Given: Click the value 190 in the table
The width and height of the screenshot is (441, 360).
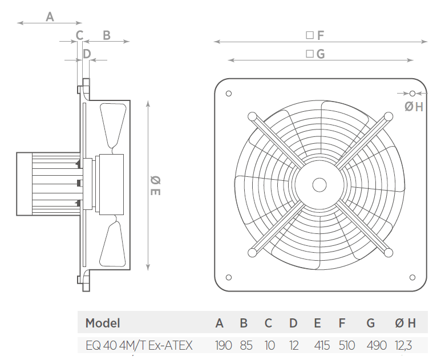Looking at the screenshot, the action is click(x=223, y=345).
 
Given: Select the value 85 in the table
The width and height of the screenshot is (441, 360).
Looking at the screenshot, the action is click(x=246, y=345).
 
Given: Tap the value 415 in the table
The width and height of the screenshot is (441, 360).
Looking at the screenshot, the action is click(x=322, y=345).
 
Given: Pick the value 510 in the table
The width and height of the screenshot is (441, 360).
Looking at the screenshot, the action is click(x=347, y=345).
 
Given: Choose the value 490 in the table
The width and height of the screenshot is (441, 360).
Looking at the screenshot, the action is click(x=377, y=345).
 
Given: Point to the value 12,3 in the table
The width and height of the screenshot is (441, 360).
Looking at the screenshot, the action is click(x=403, y=345).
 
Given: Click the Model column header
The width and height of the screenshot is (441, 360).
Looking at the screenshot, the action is click(x=103, y=323).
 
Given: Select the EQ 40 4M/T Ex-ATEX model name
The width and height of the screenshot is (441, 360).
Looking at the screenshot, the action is click(x=139, y=345).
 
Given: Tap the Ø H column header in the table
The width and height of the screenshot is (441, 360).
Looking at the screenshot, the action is click(x=405, y=323).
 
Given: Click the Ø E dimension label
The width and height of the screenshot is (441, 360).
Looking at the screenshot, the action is click(x=155, y=185).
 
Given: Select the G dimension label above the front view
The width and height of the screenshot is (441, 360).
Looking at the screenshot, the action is click(x=315, y=54).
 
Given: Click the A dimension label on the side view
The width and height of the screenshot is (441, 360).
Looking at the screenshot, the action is click(x=50, y=17).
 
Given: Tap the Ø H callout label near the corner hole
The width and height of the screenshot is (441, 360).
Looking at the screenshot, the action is click(x=414, y=107).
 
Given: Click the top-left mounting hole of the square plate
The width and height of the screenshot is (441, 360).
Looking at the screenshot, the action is click(x=229, y=94).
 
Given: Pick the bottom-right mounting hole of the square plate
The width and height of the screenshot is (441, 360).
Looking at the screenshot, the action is click(x=412, y=278).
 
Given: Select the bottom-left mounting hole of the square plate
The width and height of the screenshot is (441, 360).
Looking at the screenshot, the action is click(x=229, y=278).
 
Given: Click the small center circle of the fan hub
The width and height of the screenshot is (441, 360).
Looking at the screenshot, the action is click(x=319, y=185).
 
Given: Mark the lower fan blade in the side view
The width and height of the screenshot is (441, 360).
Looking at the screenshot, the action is click(x=113, y=241).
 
